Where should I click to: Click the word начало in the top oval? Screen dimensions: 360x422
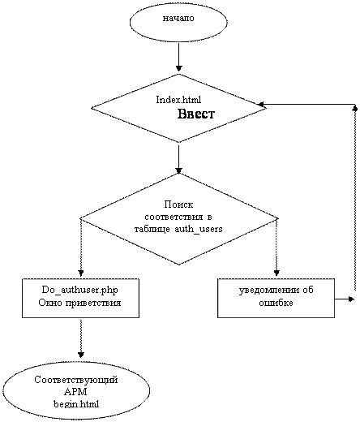178,19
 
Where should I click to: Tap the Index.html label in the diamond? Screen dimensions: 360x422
178,100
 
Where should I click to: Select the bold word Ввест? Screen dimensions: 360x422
196,114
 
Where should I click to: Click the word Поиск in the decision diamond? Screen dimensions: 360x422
178,205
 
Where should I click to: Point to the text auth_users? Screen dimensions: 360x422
199,229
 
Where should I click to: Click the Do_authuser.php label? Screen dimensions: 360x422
80,290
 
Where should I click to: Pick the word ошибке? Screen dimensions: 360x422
276,303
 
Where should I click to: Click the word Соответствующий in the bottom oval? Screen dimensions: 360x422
76,380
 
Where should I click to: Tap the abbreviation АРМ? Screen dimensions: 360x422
76,392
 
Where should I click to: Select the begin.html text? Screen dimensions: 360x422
76,404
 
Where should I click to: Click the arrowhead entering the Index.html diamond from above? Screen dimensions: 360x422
178,68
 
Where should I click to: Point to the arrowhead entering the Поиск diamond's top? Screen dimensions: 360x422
178,170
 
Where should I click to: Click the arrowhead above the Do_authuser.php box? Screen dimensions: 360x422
81,273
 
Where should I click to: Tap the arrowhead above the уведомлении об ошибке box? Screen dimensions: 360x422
276,273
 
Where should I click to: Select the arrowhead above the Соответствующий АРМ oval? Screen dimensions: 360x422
81,355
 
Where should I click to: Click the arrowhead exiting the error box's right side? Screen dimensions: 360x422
351,299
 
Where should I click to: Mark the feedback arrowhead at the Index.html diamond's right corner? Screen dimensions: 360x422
261,104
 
